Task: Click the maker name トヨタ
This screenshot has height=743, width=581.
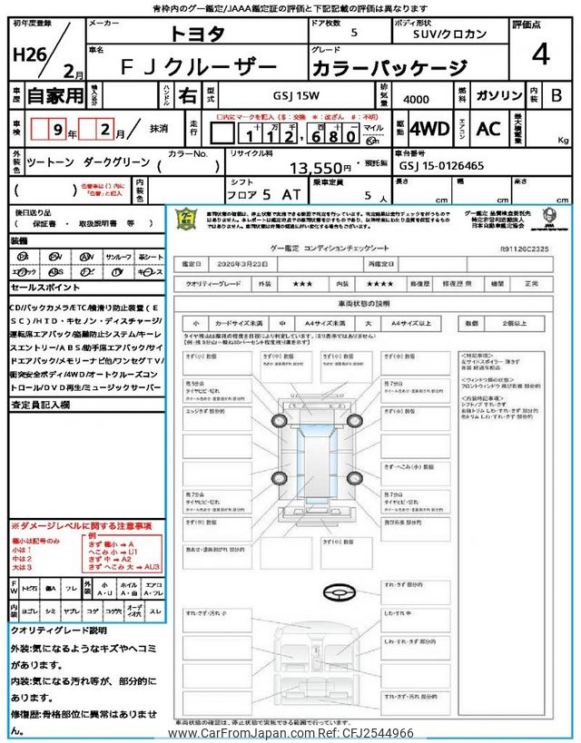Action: [196, 35]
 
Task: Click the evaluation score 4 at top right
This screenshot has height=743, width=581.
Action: [541, 55]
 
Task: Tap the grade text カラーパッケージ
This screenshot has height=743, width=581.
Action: [389, 68]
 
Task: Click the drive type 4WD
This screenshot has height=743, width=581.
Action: [428, 129]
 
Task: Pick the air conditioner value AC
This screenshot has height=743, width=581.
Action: [489, 129]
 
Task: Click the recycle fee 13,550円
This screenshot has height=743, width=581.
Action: [320, 168]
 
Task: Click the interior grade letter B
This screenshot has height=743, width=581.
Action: [556, 95]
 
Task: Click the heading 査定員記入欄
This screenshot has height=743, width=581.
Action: [40, 406]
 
